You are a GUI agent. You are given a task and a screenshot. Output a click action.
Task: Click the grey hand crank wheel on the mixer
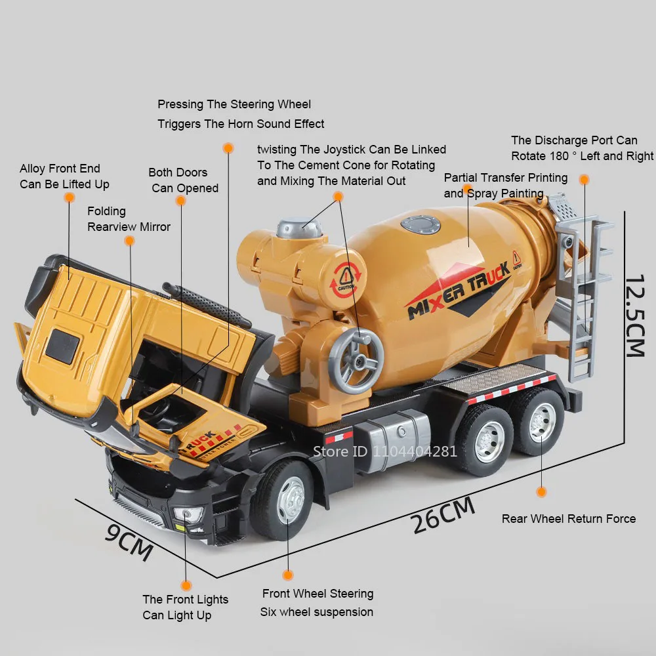pos(356,361)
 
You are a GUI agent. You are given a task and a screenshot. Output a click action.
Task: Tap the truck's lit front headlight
pos(188,514)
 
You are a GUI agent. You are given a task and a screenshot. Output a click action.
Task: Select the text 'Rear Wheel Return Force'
pos(569,519)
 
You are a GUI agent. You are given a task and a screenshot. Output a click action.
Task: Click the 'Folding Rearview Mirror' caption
pos(129,219)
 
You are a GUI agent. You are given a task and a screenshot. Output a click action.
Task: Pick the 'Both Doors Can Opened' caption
pos(182,180)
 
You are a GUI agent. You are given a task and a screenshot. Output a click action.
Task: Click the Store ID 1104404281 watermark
pos(384,451)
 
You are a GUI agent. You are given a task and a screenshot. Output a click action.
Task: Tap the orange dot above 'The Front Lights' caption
pos(186,584)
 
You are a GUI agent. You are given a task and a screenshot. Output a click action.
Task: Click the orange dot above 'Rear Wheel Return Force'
pos(541,491)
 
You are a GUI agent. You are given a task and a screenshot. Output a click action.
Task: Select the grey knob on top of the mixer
pos(300,228)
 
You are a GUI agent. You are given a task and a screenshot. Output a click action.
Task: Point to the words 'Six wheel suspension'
pos(317,612)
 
